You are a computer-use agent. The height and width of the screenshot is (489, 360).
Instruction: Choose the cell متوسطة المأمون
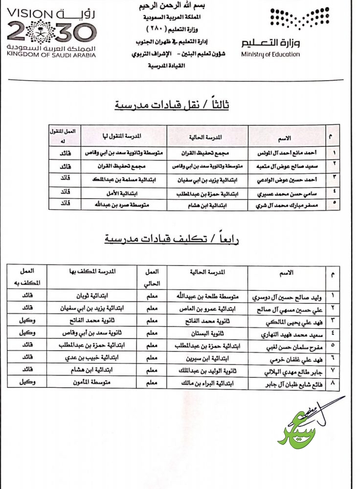[97, 384]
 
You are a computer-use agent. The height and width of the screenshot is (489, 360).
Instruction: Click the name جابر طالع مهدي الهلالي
[280, 371]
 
